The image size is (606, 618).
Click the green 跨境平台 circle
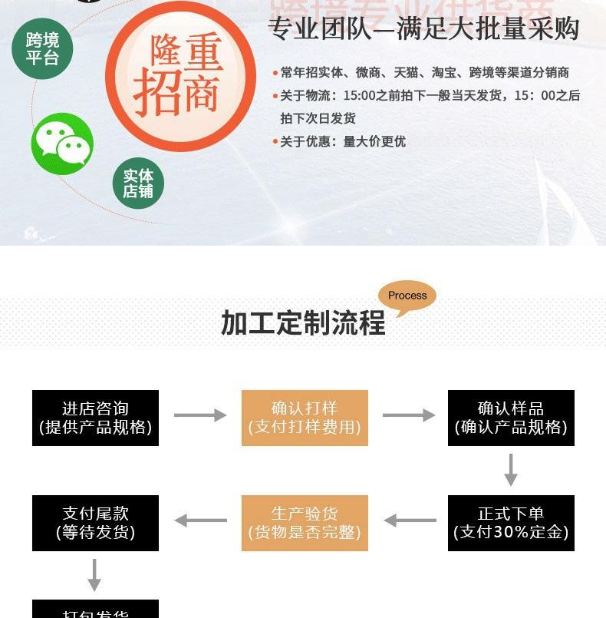(42, 48)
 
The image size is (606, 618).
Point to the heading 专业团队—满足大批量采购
(423, 29)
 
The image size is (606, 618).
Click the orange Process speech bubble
(407, 296)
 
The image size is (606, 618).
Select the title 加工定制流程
(303, 323)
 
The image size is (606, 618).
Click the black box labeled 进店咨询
(95, 418)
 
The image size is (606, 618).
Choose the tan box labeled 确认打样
(305, 418)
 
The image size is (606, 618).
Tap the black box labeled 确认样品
(511, 418)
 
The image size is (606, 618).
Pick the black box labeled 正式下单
(511, 523)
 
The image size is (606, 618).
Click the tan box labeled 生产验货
(305, 523)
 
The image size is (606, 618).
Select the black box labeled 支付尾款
(95, 523)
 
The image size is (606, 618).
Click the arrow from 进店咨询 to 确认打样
(200, 415)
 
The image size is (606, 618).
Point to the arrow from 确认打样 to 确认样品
(408, 415)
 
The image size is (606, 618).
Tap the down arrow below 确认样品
(511, 470)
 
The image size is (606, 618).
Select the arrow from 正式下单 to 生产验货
(410, 521)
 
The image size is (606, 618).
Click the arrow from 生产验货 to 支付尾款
(201, 521)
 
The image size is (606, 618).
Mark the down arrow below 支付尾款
(94, 574)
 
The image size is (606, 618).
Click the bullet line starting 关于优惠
(342, 141)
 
